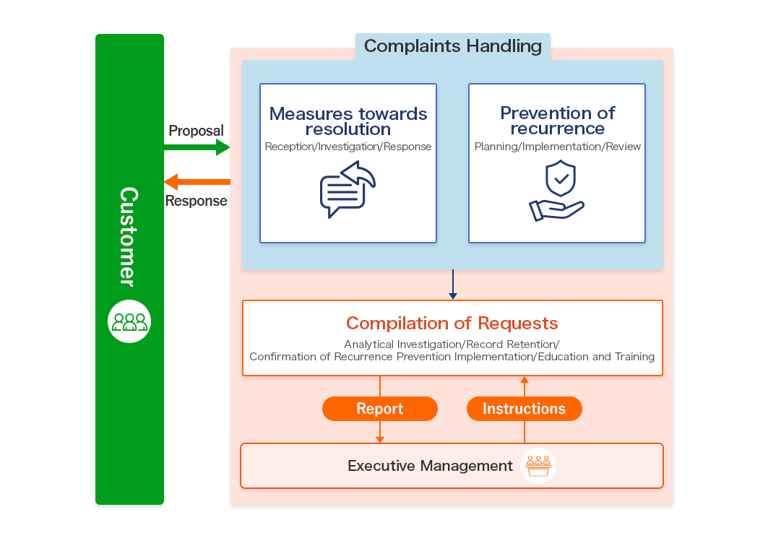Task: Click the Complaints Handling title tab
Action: [452, 46]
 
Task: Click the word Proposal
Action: [196, 131]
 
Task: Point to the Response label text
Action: [196, 201]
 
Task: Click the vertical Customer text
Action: [129, 236]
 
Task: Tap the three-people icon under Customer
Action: [129, 321]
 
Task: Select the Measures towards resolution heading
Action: [348, 121]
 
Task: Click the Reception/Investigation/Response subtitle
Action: [348, 147]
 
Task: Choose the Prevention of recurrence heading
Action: [557, 121]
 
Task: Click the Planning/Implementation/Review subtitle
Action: [557, 147]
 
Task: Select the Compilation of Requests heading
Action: [452, 323]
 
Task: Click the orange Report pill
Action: [380, 409]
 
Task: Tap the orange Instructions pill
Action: [524, 409]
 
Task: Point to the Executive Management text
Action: [430, 466]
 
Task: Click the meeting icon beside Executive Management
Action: [538, 466]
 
